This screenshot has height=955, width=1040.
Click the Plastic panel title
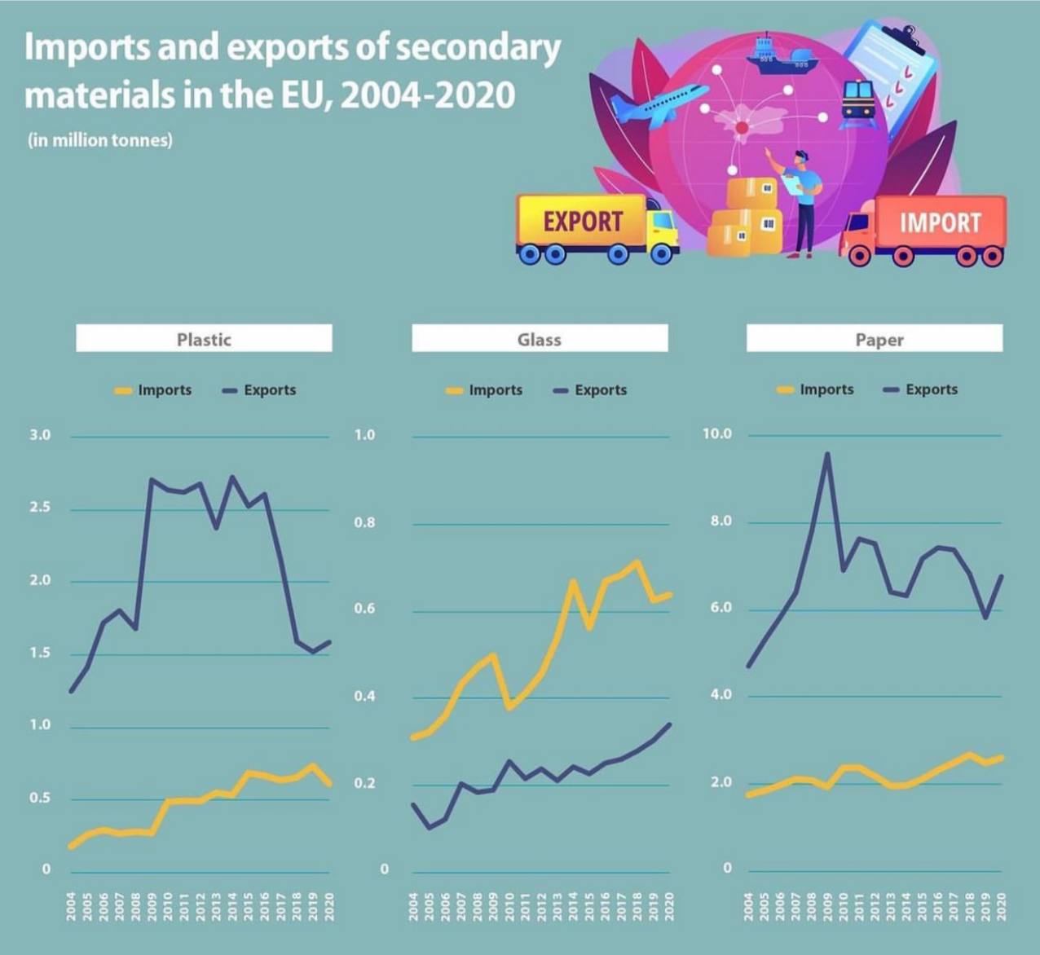[x=204, y=339]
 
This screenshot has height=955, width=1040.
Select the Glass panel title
[x=540, y=339]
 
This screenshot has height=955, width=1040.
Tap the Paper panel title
[x=879, y=339]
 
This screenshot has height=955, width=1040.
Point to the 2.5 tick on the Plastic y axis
[x=40, y=508]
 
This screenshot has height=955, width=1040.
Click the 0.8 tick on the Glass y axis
[x=364, y=522]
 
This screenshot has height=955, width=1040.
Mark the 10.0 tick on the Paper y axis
[x=717, y=433]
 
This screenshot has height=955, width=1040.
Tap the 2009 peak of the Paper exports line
[x=827, y=454]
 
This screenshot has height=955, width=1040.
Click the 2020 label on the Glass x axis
[x=670, y=906]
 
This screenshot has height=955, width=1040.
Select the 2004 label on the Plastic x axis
[x=72, y=906]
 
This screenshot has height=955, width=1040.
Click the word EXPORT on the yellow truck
[x=583, y=222]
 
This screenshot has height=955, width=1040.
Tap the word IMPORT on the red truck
[x=940, y=223]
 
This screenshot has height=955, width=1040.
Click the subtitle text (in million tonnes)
[x=100, y=140]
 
